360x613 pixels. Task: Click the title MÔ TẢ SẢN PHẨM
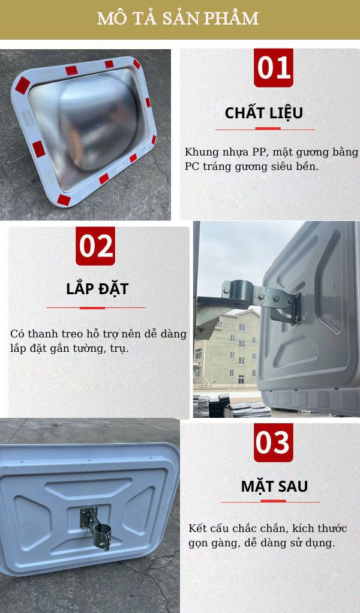pyautogui.click(x=178, y=18)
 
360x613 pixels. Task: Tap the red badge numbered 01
pyautogui.click(x=274, y=68)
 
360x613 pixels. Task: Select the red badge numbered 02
pyautogui.click(x=95, y=246)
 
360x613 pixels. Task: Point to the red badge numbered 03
pyautogui.click(x=274, y=442)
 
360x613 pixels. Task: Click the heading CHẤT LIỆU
pyautogui.click(x=264, y=113)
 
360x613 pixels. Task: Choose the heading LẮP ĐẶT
pyautogui.click(x=97, y=289)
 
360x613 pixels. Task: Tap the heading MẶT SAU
pyautogui.click(x=274, y=486)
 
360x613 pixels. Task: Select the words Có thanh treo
pyautogui.click(x=41, y=334)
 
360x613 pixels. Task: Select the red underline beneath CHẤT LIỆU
pyautogui.click(x=265, y=128)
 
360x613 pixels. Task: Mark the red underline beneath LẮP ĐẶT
pyautogui.click(x=96, y=307)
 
